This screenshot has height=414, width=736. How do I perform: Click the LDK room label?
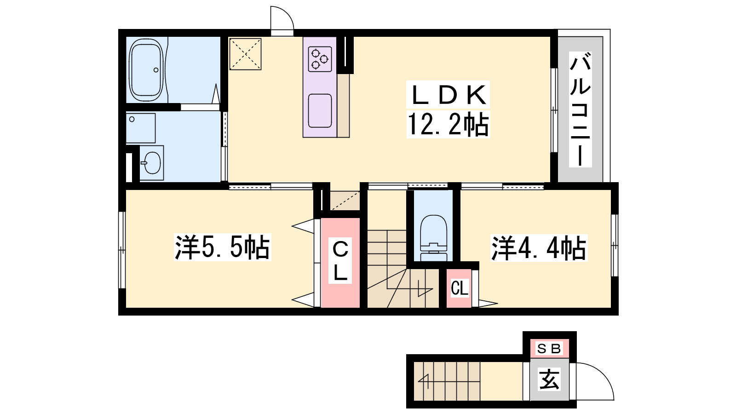(x=448, y=95)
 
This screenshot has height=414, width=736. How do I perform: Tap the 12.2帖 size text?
(x=448, y=124)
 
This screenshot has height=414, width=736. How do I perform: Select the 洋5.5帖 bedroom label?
(x=223, y=247)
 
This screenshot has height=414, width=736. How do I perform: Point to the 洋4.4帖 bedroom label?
(x=539, y=248)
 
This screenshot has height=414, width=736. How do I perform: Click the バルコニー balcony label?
(x=580, y=109)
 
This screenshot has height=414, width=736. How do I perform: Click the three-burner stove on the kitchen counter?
(x=320, y=59)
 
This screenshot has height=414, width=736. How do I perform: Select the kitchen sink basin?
(x=320, y=110)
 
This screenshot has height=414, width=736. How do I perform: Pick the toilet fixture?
(x=433, y=237)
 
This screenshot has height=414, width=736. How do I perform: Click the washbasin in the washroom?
(x=151, y=163)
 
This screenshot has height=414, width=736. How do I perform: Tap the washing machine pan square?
(x=141, y=128)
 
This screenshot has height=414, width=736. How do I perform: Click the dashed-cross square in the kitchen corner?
(x=245, y=54)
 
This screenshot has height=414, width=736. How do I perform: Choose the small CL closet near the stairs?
(x=459, y=288)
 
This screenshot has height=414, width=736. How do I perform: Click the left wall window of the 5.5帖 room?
(x=122, y=250)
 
